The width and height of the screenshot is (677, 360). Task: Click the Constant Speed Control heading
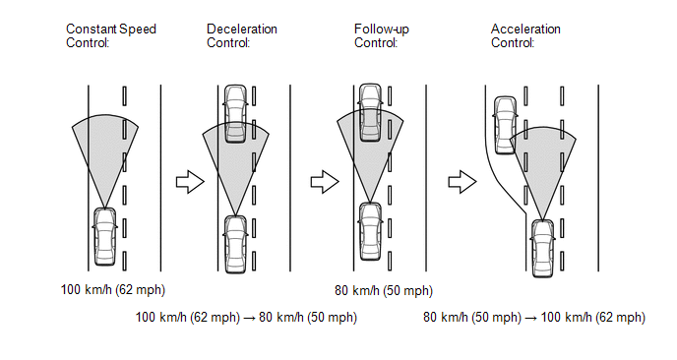coord(111,35)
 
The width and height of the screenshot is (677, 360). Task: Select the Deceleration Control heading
coord(242,35)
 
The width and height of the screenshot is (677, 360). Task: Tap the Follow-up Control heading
coord(381,35)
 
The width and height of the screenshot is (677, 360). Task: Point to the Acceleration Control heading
coord(525,35)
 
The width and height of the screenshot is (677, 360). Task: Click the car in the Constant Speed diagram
coord(105,236)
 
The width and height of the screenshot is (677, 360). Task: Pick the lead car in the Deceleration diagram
coord(236,113)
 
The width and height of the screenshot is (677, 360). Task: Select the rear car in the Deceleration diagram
coord(236,244)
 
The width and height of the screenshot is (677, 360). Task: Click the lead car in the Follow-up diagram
coord(370,112)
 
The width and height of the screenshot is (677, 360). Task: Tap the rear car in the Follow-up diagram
coord(370,231)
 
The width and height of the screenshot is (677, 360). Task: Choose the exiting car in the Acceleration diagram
coord(505,125)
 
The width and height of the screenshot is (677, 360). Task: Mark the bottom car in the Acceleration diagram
coord(543,248)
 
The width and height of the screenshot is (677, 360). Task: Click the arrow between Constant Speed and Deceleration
coord(190,182)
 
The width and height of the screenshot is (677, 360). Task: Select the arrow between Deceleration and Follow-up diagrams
coord(325,182)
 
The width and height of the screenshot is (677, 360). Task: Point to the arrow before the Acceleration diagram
coord(462,182)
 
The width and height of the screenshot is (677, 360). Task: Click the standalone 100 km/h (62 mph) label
coord(113,289)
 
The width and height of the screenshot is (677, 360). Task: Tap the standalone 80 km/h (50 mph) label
coord(384,290)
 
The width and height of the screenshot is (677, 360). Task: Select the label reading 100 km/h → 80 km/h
coord(246,318)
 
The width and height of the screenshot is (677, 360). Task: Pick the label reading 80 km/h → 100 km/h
coord(534,318)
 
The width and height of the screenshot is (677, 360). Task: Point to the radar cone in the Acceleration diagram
coord(543,164)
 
